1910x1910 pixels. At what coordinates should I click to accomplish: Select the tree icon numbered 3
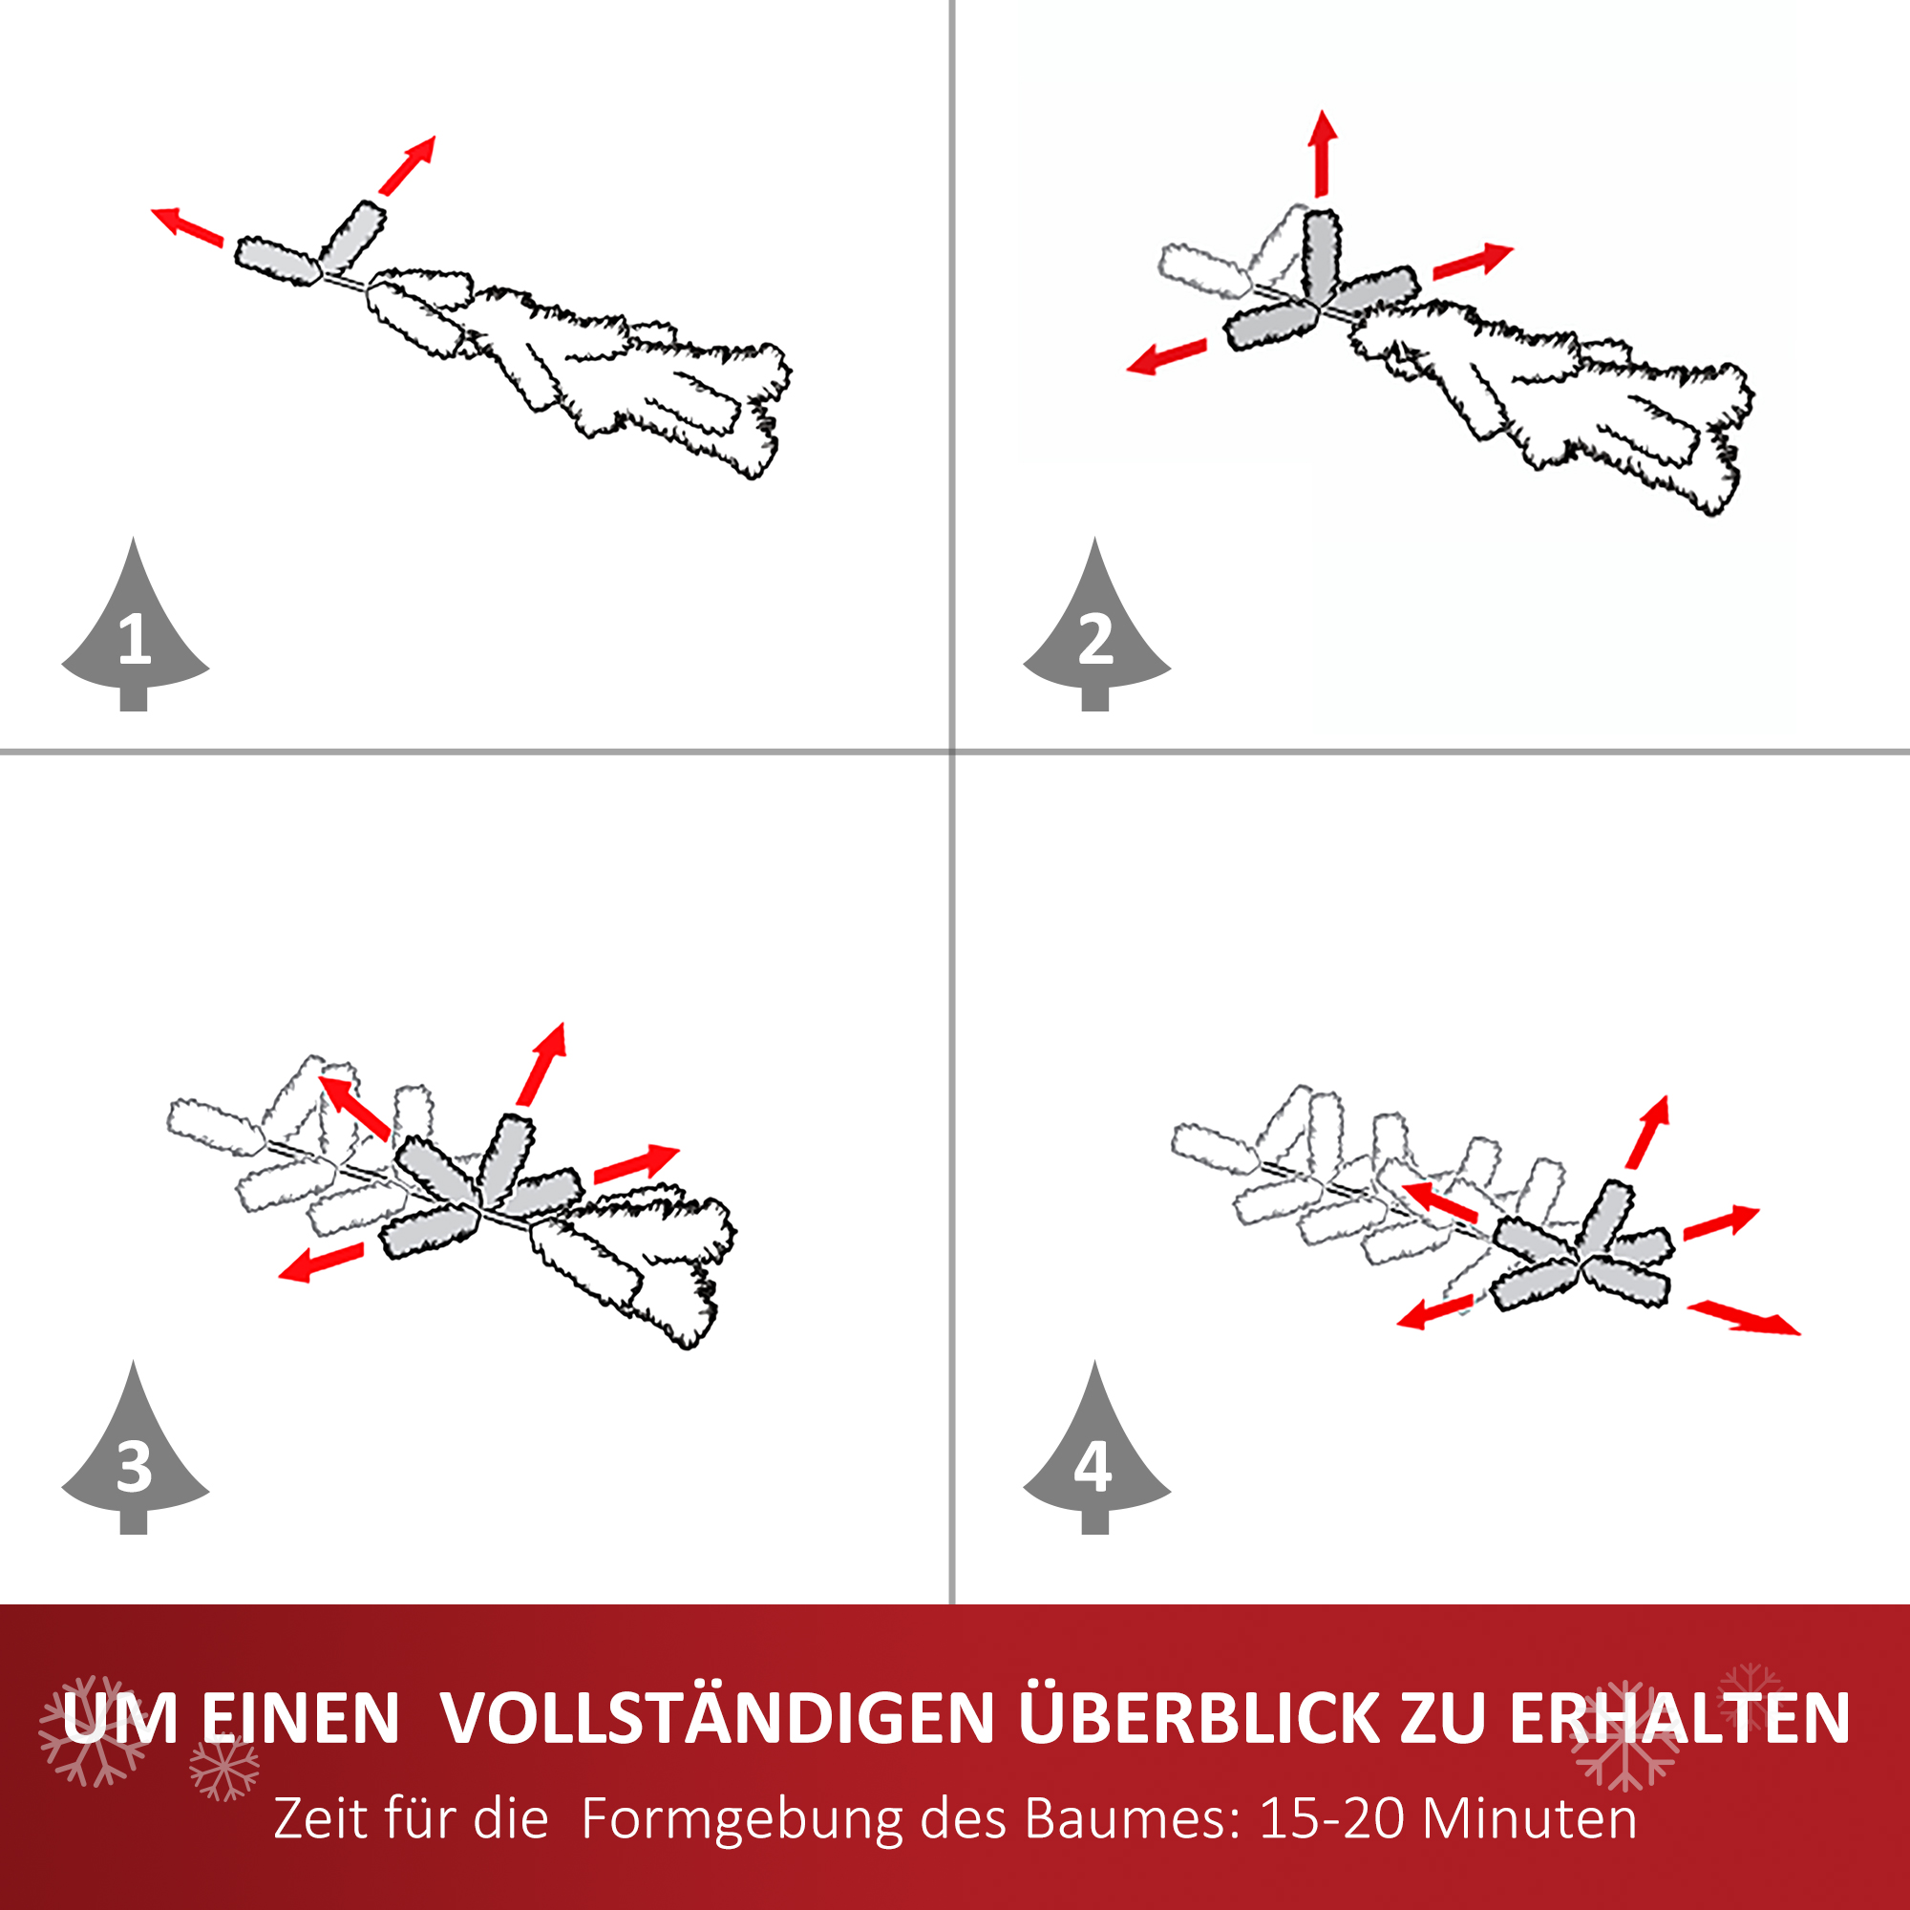click(135, 1459)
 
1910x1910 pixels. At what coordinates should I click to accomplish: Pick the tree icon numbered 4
click(1095, 1459)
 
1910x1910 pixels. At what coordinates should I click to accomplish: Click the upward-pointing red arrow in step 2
click(1322, 153)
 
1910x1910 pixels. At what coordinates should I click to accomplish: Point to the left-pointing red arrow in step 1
click(187, 226)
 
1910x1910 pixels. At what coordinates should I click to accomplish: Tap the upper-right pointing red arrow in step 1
click(408, 165)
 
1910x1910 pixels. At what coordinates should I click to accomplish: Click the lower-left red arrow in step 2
click(1167, 357)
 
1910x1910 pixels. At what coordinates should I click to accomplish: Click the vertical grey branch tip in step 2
click(1321, 255)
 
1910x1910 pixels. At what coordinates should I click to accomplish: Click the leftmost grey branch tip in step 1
click(277, 261)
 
